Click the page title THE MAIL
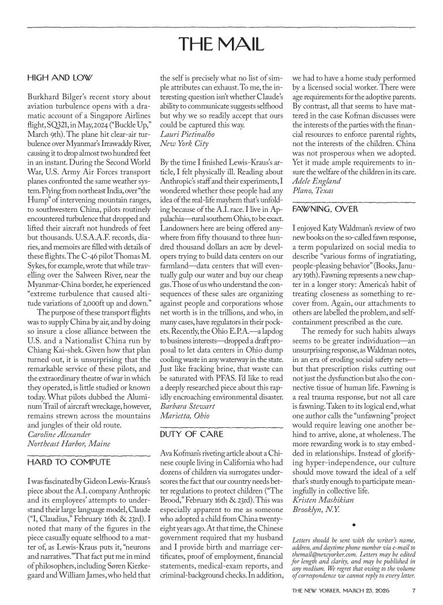[221, 44]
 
